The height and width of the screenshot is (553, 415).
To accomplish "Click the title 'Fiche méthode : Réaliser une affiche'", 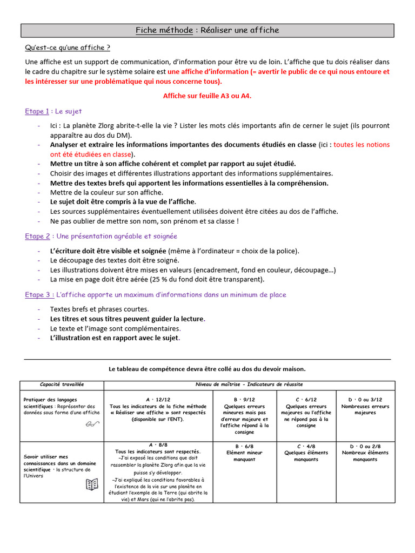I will (207, 30).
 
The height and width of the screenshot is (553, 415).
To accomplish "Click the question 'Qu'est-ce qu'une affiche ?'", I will (68, 48).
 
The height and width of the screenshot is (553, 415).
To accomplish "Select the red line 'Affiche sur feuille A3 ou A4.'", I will (207, 96).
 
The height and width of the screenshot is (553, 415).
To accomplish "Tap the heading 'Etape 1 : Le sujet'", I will (53, 111).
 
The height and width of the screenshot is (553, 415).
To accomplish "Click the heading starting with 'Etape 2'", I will (101, 236).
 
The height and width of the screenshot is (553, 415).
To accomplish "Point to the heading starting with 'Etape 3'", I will (156, 294).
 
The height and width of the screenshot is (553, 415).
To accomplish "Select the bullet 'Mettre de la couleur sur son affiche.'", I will (106, 192).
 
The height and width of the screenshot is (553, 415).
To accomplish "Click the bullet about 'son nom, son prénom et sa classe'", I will (144, 221).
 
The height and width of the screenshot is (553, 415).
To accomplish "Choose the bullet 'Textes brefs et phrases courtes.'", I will (99, 309).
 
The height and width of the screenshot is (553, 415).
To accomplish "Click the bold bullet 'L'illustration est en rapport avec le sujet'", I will (115, 339).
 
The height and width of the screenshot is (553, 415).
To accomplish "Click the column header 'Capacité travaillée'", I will (62, 385).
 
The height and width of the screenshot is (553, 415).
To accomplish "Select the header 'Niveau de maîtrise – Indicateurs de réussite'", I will (249, 385).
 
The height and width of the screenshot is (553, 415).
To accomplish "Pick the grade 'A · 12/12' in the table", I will (158, 400).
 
